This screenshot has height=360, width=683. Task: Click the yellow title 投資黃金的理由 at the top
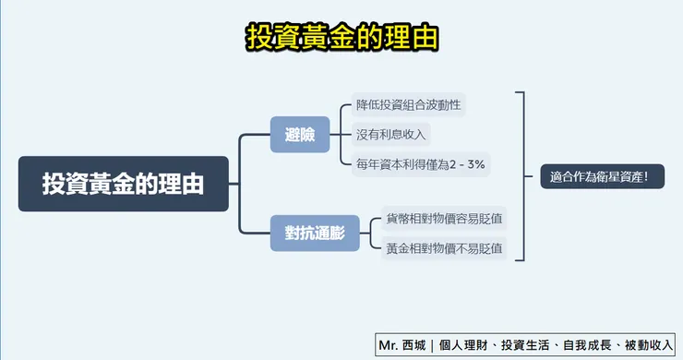tap(341, 37)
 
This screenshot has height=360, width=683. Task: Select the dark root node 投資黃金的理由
tap(123, 184)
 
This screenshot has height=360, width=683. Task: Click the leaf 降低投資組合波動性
tap(409, 104)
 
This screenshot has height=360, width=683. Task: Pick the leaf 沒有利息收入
tap(391, 135)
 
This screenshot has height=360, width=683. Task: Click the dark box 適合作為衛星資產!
tap(601, 175)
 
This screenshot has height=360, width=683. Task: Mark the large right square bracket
tap(522, 175)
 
